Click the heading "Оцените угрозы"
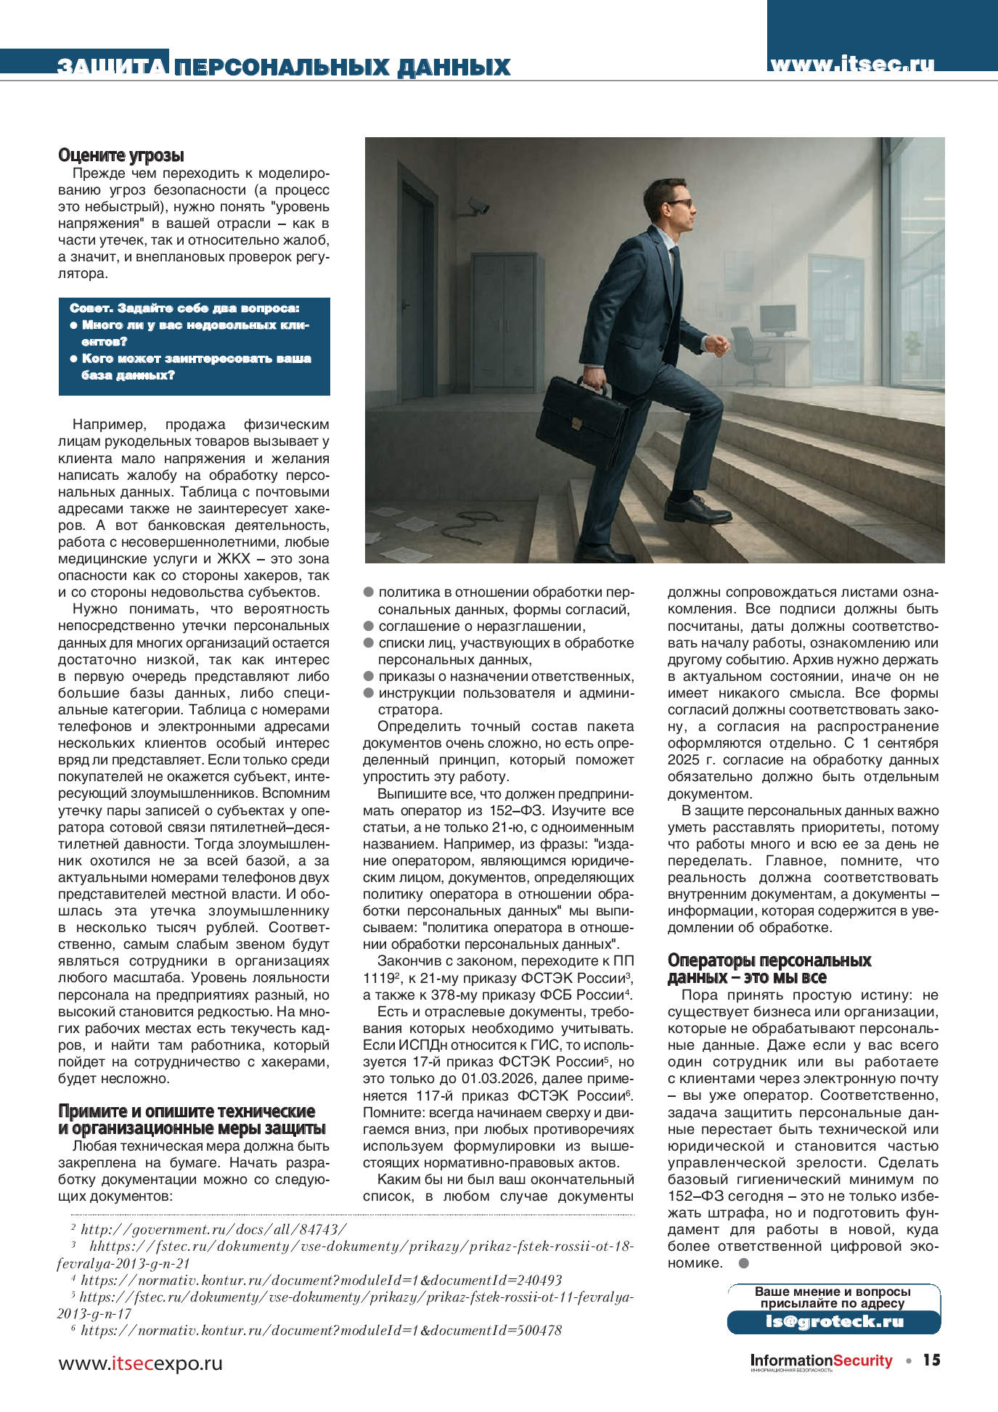pos(121,155)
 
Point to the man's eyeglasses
pos(679,204)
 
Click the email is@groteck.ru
pos(834,1321)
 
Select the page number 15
pos(931,1360)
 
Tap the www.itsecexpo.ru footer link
pos(140,1363)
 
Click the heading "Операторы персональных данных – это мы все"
pos(769,968)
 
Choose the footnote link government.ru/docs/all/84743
pos(213,1229)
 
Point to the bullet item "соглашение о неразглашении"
pos(481,626)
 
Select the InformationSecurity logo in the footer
pos(821,1360)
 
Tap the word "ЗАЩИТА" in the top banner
pos(113,67)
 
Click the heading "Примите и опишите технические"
pos(187,1111)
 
